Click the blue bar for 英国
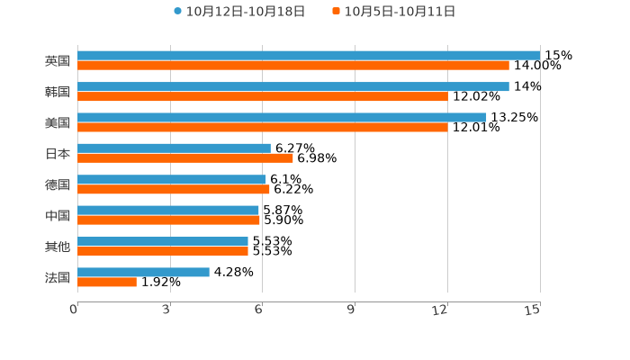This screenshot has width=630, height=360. (309, 55)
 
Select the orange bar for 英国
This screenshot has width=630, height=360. (293, 66)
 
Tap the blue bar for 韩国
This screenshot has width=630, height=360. (293, 86)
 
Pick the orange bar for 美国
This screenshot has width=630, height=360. (263, 128)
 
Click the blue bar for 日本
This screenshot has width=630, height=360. (174, 148)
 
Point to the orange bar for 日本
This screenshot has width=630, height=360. (185, 158)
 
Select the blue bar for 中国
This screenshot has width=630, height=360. (168, 211)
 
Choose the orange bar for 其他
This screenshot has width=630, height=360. (163, 251)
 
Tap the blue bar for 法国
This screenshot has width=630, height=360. (143, 272)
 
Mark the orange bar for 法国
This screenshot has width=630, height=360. (107, 283)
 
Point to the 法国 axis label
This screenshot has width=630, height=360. (58, 277)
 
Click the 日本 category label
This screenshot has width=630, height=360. (58, 153)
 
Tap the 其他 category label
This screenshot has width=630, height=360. (58, 247)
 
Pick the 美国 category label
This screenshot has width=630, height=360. (58, 122)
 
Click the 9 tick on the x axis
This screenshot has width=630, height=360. (352, 310)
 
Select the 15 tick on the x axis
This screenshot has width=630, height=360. (533, 310)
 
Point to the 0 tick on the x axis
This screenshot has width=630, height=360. (74, 310)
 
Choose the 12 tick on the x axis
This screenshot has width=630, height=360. (440, 310)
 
